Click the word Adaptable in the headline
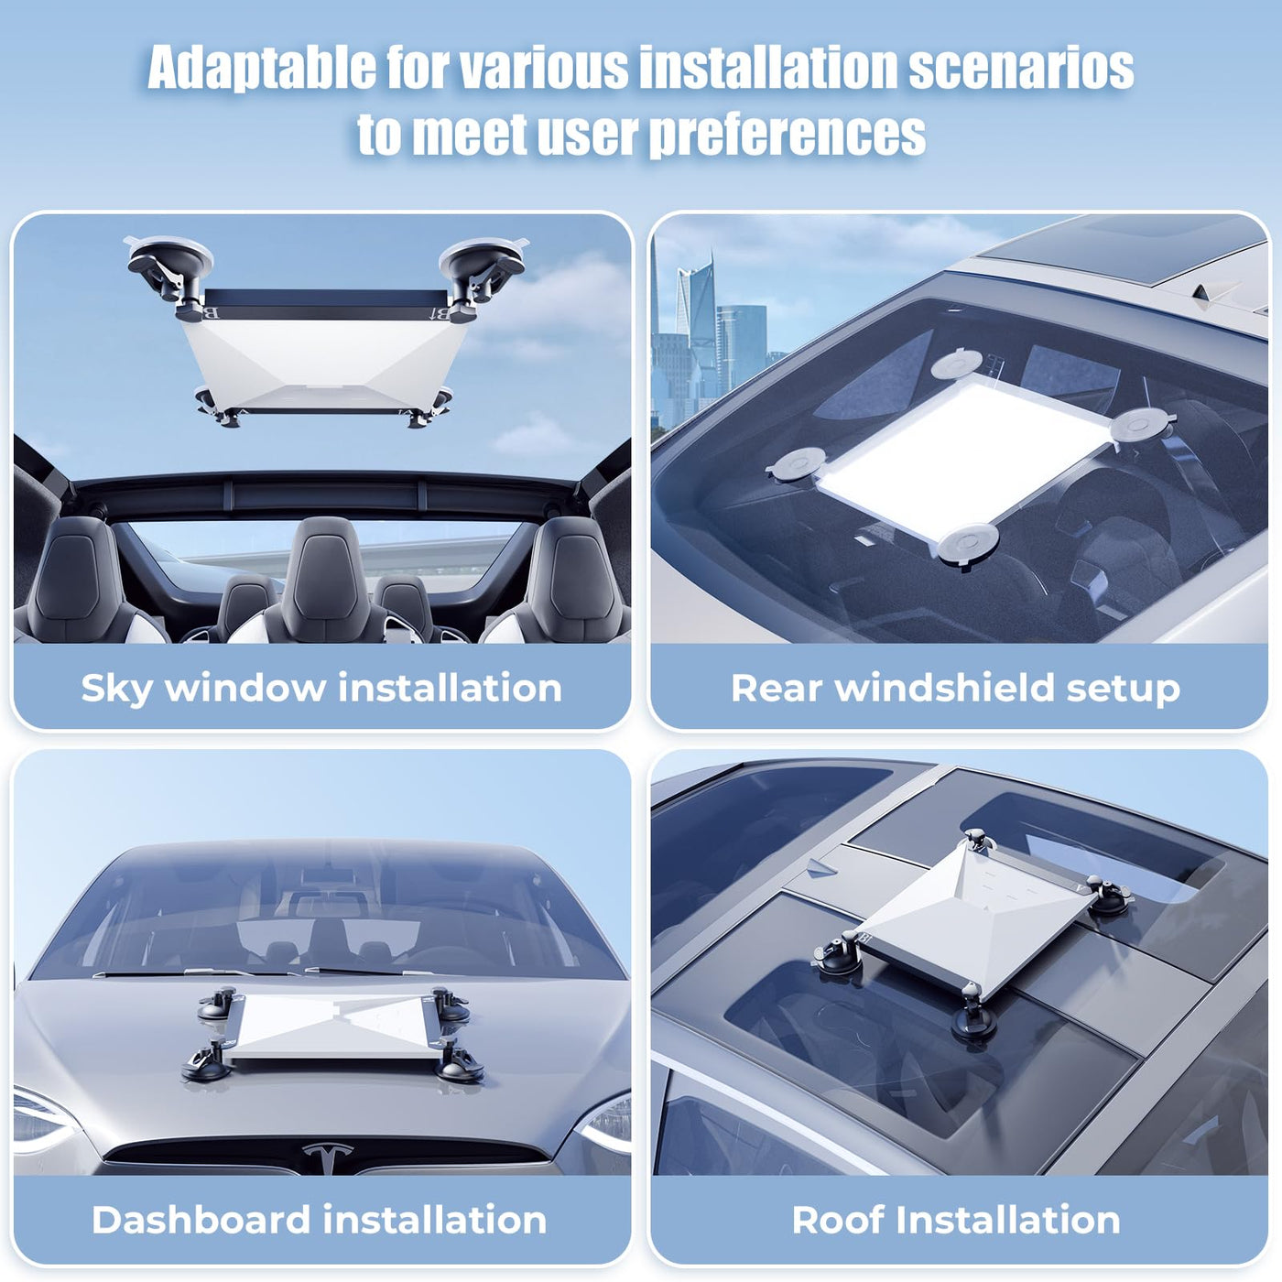(x=262, y=69)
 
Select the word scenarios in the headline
(x=1021, y=68)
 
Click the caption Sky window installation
(x=321, y=687)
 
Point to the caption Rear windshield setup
(x=955, y=687)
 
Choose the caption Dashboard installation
(x=320, y=1220)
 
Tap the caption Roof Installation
(x=956, y=1220)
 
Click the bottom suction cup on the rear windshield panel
(x=967, y=543)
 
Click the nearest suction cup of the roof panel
(x=974, y=1018)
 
